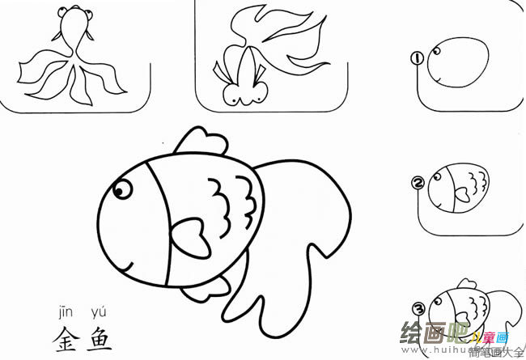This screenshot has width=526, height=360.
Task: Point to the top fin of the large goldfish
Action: click(x=198, y=144)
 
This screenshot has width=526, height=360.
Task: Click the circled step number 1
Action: click(x=418, y=58)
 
